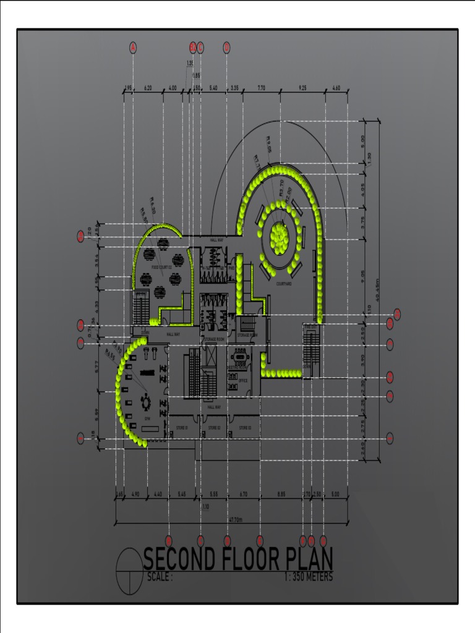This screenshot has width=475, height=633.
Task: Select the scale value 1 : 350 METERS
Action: [309, 577]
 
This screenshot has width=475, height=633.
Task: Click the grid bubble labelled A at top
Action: [133, 47]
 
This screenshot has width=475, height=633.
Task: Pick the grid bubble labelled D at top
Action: [226, 47]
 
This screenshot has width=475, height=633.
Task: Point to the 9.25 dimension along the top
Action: [302, 88]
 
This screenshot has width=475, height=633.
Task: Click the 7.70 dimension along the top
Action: [261, 88]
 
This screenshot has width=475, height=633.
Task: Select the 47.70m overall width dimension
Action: [234, 520]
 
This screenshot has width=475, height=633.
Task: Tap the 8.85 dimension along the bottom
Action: [281, 495]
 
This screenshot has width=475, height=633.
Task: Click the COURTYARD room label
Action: [284, 284]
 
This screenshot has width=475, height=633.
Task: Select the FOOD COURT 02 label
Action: [161, 267]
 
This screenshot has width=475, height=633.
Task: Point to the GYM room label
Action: [147, 419]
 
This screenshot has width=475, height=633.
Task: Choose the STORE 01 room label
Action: [182, 428]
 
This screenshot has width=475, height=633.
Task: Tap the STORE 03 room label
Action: [245, 428]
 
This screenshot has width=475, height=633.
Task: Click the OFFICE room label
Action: [243, 381]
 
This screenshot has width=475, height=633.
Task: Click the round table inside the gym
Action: [146, 402]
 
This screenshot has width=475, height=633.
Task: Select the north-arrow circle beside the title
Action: [129, 571]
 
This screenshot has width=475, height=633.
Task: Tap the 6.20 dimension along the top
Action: [148, 88]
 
